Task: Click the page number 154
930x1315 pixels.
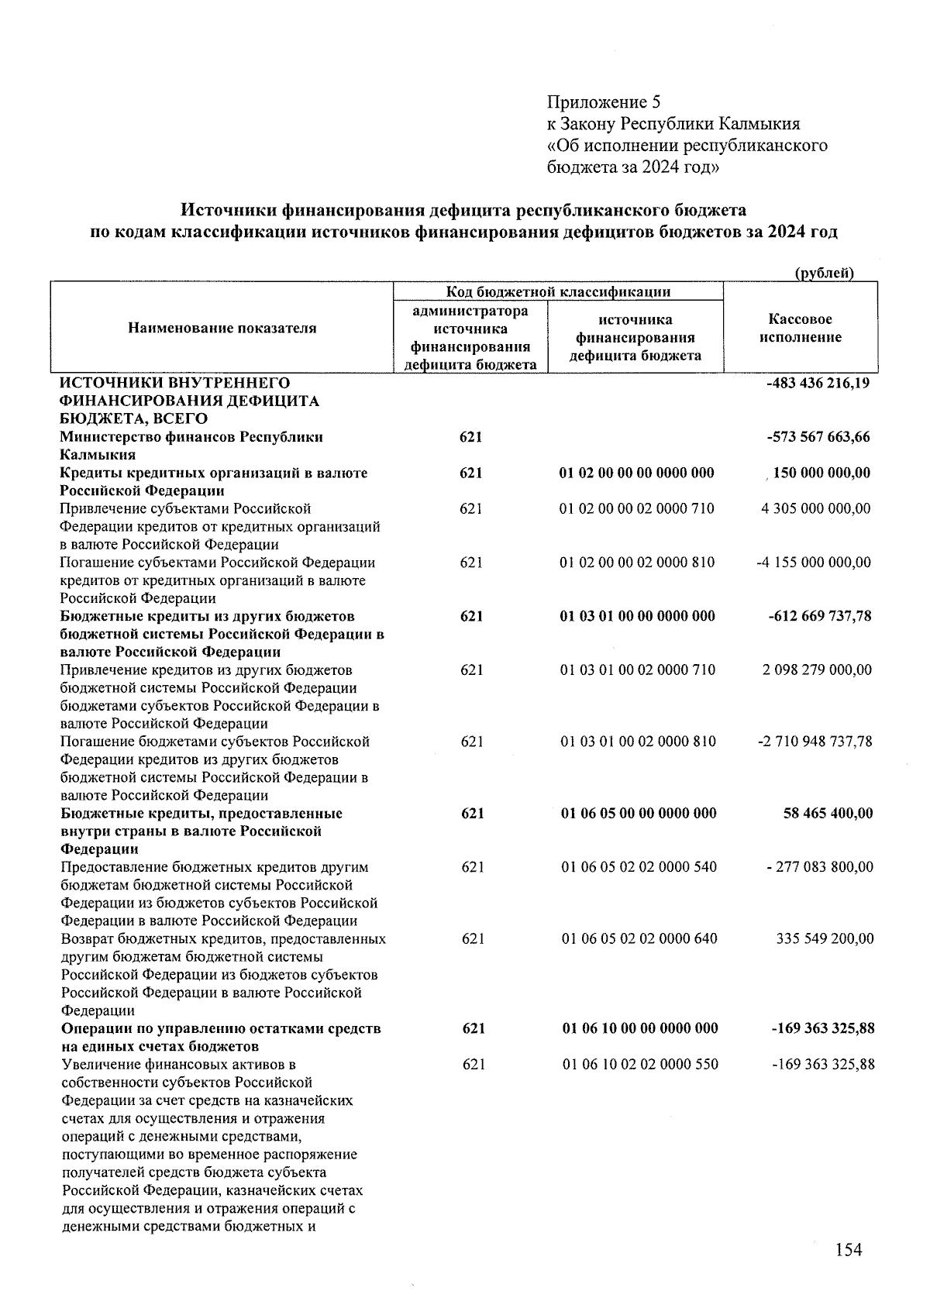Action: [x=849, y=1249]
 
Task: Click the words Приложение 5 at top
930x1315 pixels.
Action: [x=604, y=102]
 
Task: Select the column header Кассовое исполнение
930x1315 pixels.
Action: [x=801, y=328]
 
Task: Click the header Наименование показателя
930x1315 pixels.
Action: [x=222, y=328]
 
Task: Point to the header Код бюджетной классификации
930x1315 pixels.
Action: [x=558, y=291]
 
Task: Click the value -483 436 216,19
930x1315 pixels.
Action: [x=817, y=383]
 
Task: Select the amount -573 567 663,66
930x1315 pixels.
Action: [x=818, y=437]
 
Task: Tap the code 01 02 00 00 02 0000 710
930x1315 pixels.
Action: [x=636, y=509]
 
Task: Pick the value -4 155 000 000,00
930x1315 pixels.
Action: [x=813, y=563]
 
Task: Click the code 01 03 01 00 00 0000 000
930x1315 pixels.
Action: [x=636, y=617]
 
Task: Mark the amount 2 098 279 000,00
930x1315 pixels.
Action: [x=817, y=670]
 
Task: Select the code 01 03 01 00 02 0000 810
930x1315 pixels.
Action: [x=637, y=742]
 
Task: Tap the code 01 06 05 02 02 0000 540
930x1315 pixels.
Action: [x=639, y=867]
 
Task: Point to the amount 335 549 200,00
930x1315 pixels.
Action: [x=825, y=939]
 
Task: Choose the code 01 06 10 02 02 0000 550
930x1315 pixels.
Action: [x=639, y=1065]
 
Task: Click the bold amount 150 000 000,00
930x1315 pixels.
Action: [x=821, y=473]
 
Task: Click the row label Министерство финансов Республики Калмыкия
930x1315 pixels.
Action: [x=191, y=446]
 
